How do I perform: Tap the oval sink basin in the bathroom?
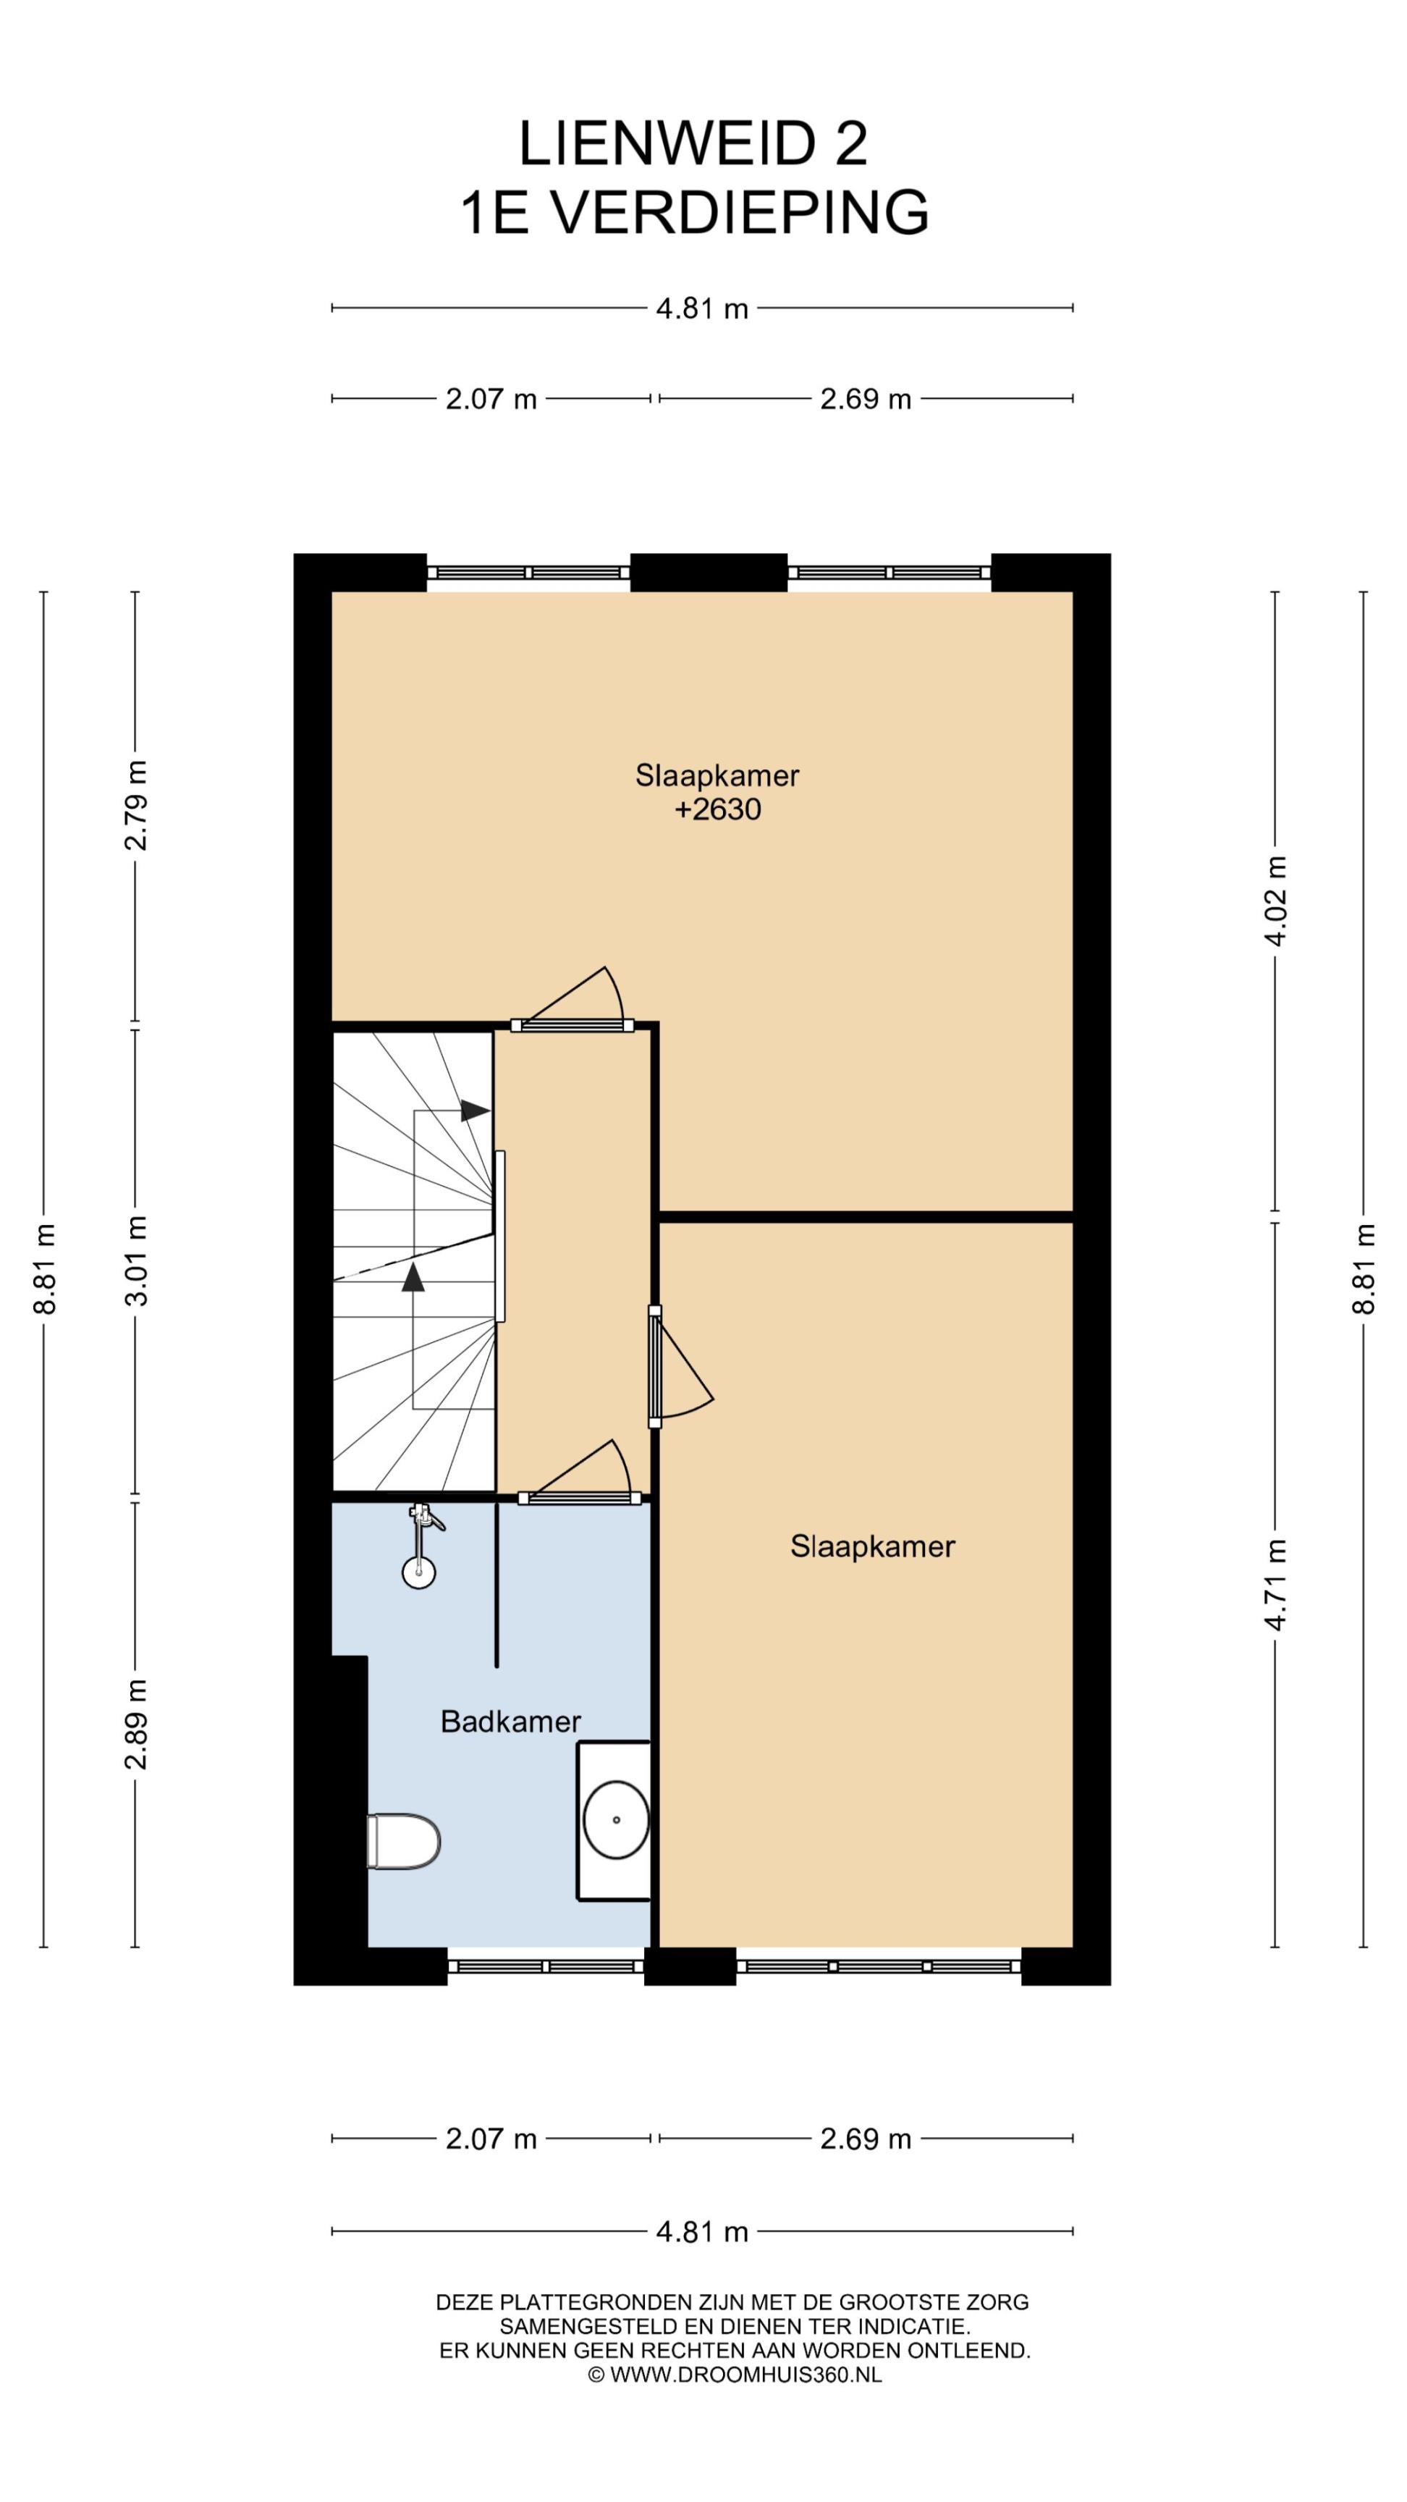coord(616,1820)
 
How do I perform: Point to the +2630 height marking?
coord(717,809)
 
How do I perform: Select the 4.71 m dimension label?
coord(1276,1585)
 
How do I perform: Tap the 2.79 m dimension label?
coord(136,805)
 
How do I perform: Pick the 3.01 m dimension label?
coord(136,1260)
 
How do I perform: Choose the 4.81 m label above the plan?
coord(702,309)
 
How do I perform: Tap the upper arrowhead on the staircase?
coord(475,1109)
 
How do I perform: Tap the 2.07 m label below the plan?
coord(491,2138)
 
